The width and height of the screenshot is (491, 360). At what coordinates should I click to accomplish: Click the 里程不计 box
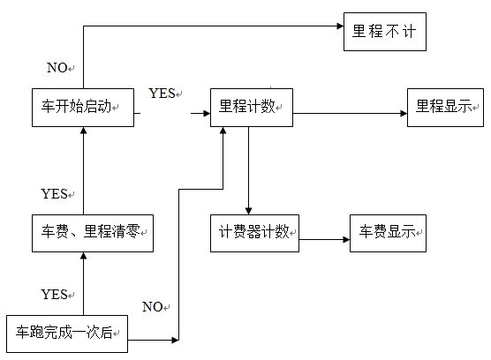click(x=385, y=32)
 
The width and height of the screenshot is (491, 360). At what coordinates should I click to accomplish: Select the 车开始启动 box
click(x=83, y=108)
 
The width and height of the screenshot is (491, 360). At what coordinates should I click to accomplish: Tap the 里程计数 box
click(x=252, y=108)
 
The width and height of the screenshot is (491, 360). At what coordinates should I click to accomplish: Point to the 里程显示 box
click(x=445, y=108)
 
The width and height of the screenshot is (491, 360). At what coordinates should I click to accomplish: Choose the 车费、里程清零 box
click(x=93, y=233)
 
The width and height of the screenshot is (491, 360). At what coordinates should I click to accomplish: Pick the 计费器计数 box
click(x=254, y=233)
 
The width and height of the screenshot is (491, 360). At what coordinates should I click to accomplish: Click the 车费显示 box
click(x=388, y=233)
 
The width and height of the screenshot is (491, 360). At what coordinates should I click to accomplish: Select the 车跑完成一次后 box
click(x=67, y=334)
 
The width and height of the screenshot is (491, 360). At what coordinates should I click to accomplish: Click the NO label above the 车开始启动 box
click(x=57, y=68)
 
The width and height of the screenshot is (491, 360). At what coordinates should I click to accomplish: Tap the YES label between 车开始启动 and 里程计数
click(x=162, y=94)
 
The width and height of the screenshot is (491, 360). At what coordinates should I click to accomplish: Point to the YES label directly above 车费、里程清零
click(x=54, y=194)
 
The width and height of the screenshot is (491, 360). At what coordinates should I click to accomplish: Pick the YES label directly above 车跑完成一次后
click(x=54, y=295)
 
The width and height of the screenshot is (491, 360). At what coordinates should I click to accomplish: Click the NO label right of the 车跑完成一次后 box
click(x=153, y=307)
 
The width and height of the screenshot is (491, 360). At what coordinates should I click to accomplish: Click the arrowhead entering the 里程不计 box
click(x=340, y=26)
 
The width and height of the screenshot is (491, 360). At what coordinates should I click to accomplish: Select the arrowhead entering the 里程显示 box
click(x=404, y=114)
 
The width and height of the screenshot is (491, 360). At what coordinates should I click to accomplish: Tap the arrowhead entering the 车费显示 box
click(x=346, y=240)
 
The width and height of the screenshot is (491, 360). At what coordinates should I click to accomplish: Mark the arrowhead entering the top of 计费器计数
click(x=249, y=211)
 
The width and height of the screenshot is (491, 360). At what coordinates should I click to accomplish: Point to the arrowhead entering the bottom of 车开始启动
click(x=83, y=131)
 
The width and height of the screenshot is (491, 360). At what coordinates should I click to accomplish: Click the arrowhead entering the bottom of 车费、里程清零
click(x=83, y=256)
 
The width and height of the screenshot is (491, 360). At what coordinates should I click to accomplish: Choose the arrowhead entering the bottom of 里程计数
click(x=223, y=131)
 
